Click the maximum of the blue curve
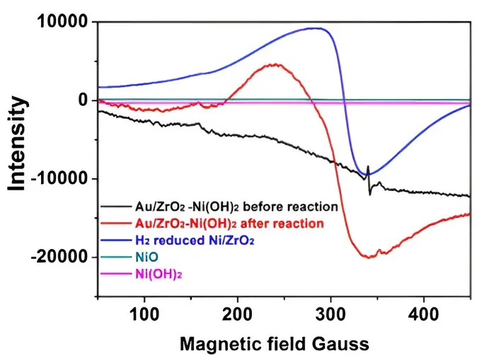point(316,28)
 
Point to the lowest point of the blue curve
point(369,174)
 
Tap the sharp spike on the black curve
point(369,167)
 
